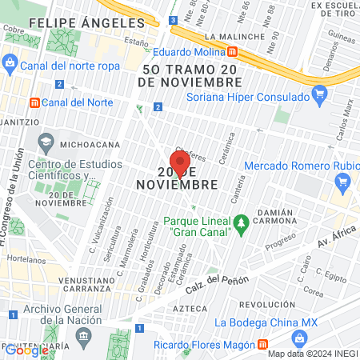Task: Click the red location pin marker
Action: click(x=180, y=162)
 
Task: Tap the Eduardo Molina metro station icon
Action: click(x=232, y=51)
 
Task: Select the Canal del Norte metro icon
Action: click(x=34, y=102)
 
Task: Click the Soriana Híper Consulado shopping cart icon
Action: click(x=319, y=97)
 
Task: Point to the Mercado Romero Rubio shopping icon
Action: click(x=343, y=181)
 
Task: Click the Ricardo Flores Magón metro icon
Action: click(x=262, y=344)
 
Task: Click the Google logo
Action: click(x=26, y=350)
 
